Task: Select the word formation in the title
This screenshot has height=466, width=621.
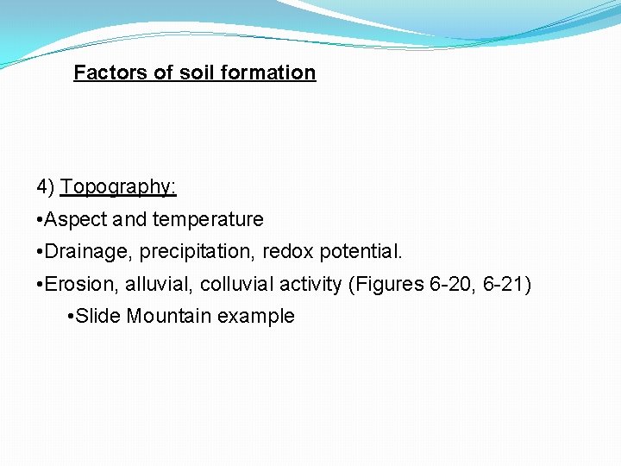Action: tap(268, 72)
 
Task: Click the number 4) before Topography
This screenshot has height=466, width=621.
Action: tap(46, 187)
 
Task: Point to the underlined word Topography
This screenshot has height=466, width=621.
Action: tap(118, 187)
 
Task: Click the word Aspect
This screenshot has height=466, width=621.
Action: tap(76, 220)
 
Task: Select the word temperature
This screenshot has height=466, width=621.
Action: tap(208, 220)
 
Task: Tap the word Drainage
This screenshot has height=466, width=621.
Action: tap(82, 252)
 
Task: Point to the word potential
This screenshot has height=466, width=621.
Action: tap(361, 252)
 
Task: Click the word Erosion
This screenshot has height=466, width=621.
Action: tap(78, 285)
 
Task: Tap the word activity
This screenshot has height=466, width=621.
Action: tap(310, 285)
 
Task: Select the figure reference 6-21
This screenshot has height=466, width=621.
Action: tap(505, 285)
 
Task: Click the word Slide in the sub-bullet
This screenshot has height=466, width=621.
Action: tap(98, 317)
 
